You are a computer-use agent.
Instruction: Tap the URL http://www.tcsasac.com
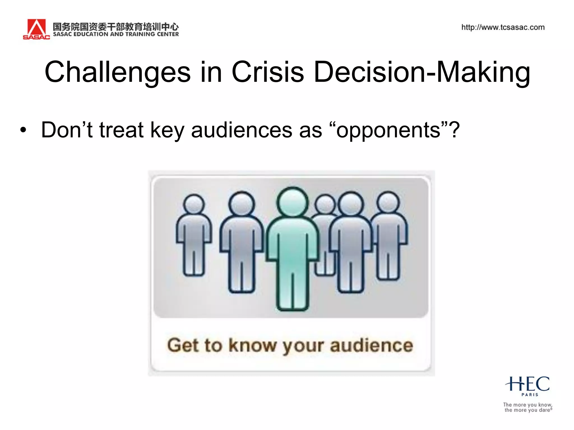tap(503, 27)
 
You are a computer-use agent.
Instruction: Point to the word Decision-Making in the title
tap(422, 72)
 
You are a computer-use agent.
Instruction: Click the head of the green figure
tap(292, 202)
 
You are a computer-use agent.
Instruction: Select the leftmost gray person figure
tap(194, 235)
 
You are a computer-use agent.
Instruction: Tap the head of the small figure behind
tap(325, 204)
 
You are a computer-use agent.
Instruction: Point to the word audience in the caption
tap(371, 345)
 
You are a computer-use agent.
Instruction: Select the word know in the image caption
tap(252, 345)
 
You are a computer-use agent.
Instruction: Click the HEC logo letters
tap(527, 384)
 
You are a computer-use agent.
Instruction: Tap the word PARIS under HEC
tap(530, 395)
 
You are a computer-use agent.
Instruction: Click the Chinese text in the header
tap(116, 27)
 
